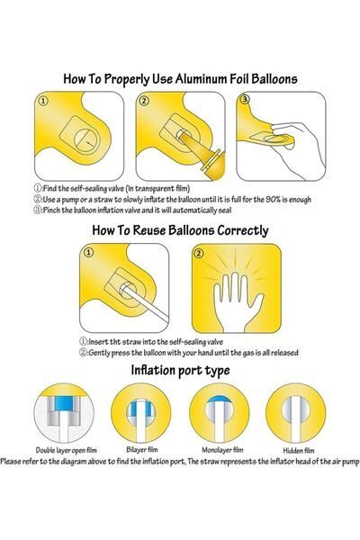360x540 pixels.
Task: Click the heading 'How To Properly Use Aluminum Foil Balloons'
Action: coord(180,78)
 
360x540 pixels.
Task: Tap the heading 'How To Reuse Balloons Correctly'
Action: coord(180,230)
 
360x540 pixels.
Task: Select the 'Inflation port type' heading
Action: coord(180,370)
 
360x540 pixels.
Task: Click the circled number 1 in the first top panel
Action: coord(40,103)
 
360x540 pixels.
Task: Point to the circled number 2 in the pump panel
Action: coord(144,103)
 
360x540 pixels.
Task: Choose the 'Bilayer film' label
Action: coord(141,450)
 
